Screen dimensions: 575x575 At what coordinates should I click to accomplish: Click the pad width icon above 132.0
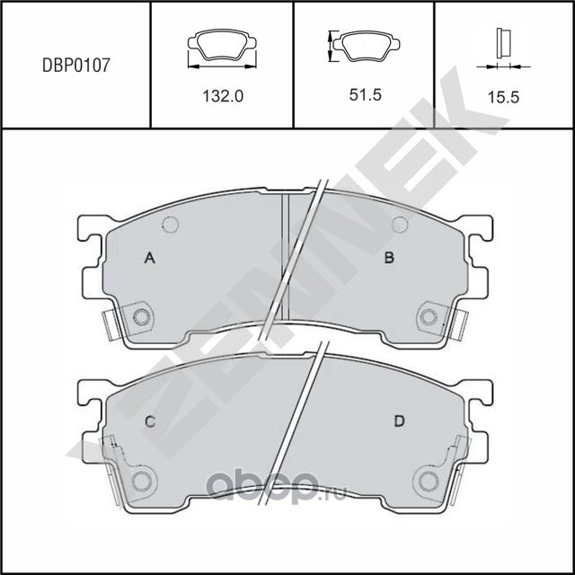point(221,48)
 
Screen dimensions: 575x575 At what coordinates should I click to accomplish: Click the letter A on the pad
point(151,259)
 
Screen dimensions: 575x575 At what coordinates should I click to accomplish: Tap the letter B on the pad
point(390,259)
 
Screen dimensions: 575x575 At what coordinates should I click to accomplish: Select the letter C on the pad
point(151,421)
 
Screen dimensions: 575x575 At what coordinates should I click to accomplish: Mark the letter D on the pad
point(396,421)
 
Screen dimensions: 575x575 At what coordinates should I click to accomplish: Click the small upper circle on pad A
point(171,225)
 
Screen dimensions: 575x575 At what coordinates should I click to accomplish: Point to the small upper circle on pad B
point(400,225)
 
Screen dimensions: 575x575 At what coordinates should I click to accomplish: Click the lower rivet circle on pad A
point(140,316)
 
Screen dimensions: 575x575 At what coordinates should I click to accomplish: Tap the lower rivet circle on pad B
point(429,316)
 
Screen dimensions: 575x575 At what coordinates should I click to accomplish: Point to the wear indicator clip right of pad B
point(462,323)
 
